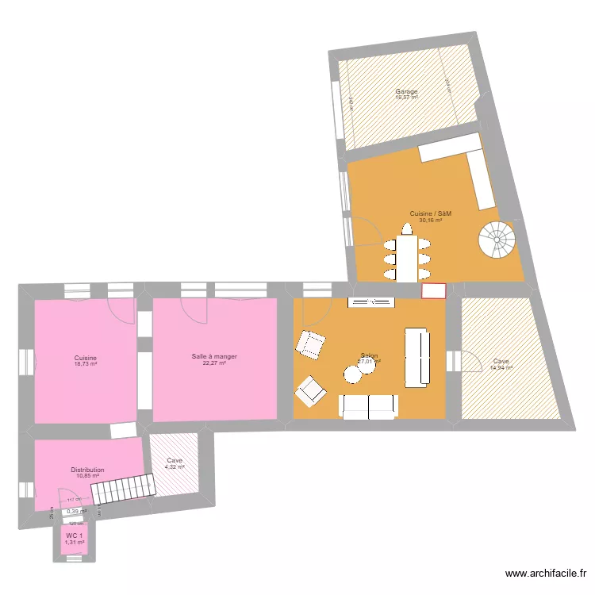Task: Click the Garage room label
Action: pyautogui.click(x=406, y=92)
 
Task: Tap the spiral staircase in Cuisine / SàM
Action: pyautogui.click(x=497, y=240)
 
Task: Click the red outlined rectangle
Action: pyautogui.click(x=434, y=291)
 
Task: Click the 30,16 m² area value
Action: pyautogui.click(x=430, y=221)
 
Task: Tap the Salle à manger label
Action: pyautogui.click(x=214, y=357)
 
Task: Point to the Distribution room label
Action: pyautogui.click(x=87, y=470)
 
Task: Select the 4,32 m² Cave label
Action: pyautogui.click(x=175, y=466)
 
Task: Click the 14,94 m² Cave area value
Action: pyautogui.click(x=501, y=367)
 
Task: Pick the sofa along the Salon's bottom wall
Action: pyautogui.click(x=368, y=406)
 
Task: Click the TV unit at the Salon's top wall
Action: pyautogui.click(x=370, y=301)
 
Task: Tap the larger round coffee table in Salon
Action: pyautogui.click(x=352, y=374)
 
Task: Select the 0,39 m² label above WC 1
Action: pyautogui.click(x=76, y=512)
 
